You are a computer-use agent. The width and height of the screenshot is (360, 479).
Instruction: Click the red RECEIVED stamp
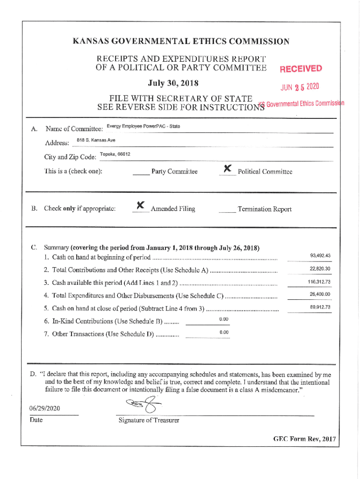(x=301, y=70)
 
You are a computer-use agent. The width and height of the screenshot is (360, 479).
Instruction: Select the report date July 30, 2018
(x=173, y=83)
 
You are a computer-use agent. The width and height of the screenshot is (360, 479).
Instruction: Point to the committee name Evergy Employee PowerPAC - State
(x=143, y=127)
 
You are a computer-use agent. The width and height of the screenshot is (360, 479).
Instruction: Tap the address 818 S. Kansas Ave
(x=96, y=140)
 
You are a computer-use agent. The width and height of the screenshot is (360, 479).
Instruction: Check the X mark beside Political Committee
(x=228, y=168)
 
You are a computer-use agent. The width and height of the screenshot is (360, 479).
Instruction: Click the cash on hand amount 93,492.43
(x=320, y=255)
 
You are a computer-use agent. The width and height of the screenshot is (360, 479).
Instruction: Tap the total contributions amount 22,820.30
(x=320, y=269)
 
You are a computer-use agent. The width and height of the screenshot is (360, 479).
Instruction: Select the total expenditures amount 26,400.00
(x=320, y=294)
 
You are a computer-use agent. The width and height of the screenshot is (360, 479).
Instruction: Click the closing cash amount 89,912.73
(x=320, y=307)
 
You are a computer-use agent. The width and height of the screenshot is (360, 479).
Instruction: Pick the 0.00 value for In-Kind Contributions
(x=223, y=319)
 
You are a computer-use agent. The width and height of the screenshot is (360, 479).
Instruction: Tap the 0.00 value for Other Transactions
(x=223, y=332)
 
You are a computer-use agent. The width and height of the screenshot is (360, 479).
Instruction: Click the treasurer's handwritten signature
(x=143, y=405)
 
